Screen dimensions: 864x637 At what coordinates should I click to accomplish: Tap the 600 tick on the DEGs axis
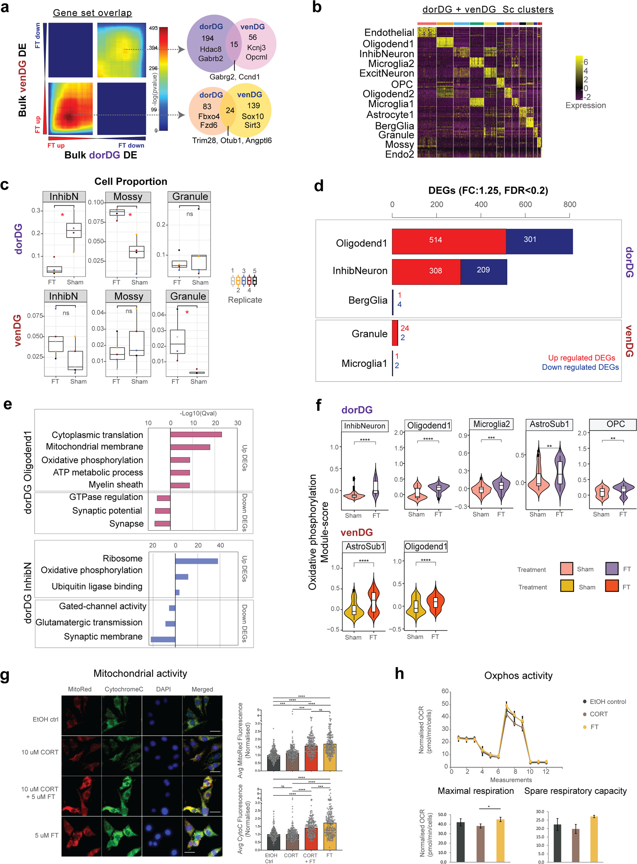(525, 204)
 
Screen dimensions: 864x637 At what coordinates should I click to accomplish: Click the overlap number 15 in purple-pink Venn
(234, 44)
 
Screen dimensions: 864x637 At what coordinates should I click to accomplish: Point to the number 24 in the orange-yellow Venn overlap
(230, 111)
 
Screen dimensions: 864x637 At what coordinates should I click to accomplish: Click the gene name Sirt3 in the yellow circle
(252, 125)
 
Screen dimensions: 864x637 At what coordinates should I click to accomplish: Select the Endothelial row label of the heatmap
(389, 33)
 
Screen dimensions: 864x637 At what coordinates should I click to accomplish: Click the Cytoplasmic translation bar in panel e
(196, 434)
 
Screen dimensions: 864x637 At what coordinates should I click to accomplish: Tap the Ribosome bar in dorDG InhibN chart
(196, 561)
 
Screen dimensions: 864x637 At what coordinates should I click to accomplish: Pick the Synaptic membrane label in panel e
(103, 636)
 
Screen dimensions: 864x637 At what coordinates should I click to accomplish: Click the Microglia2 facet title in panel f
(491, 424)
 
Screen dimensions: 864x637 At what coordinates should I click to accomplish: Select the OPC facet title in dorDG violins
(615, 424)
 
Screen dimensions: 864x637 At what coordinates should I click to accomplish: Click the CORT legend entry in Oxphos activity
(598, 714)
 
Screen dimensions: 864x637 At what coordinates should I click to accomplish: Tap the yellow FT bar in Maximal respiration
(500, 840)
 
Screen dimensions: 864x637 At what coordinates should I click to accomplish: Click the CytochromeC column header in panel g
(124, 689)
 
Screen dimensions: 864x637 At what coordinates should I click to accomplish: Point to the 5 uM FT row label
(47, 835)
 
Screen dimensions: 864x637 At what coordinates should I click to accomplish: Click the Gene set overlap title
(92, 13)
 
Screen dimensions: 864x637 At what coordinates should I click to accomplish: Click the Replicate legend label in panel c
(244, 300)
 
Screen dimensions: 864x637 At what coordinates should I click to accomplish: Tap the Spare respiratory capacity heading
(575, 791)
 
